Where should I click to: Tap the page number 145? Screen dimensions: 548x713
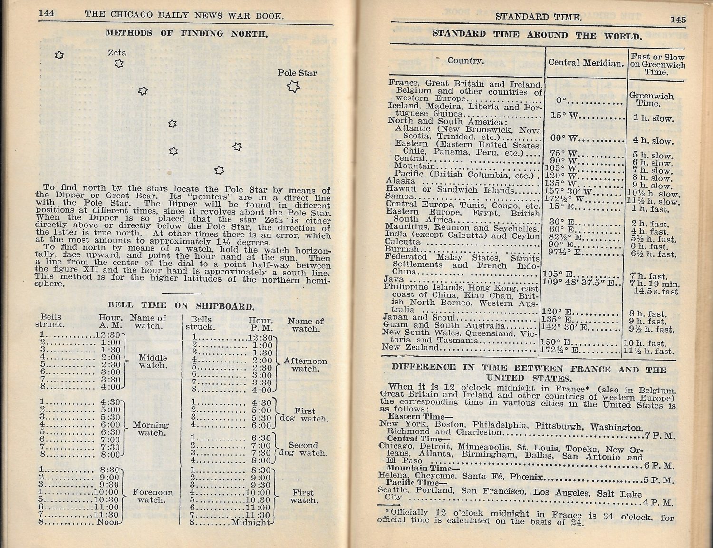tap(678, 19)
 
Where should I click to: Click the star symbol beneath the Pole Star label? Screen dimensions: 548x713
tap(294, 87)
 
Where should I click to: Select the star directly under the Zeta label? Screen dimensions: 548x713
tap(119, 63)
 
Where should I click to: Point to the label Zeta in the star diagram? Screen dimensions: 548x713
tap(117, 52)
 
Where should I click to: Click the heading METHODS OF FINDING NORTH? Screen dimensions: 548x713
tap(186, 33)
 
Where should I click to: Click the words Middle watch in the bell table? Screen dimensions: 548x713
tap(153, 362)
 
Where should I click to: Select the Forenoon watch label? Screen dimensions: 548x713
tap(153, 496)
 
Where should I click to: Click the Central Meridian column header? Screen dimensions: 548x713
tap(586, 62)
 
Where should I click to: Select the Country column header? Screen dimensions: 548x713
tap(465, 60)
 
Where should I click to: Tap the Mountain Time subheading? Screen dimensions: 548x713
tap(423, 468)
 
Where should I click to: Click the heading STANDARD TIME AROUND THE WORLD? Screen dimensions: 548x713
tap(537, 35)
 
